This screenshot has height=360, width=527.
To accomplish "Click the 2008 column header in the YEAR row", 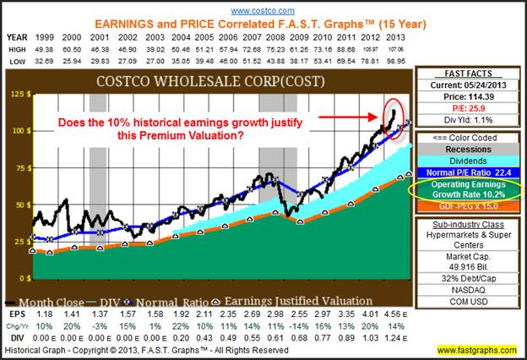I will click(x=275, y=38).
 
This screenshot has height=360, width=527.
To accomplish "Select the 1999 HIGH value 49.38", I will click(x=41, y=50).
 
